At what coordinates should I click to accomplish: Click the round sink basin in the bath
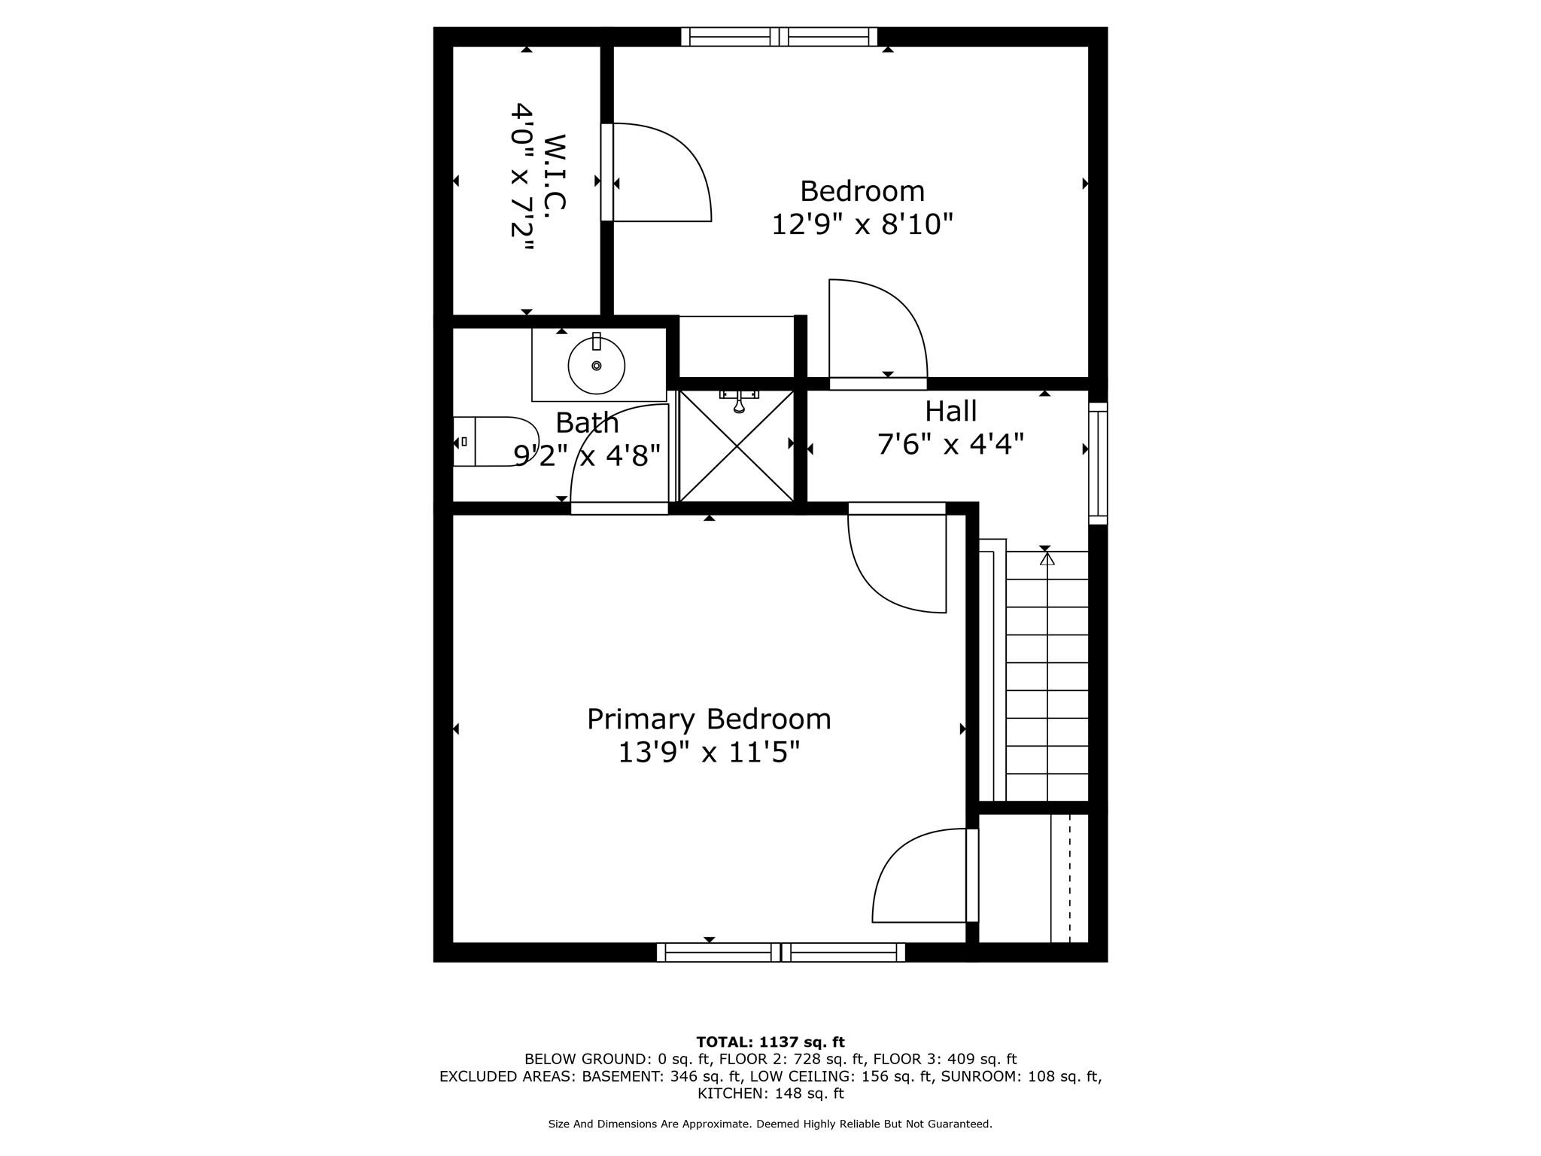tap(596, 366)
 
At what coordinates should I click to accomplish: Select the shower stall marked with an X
tap(737, 446)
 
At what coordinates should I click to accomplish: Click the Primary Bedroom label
tap(709, 719)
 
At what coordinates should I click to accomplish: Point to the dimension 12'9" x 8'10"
tap(862, 224)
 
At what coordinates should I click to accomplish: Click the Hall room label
tap(950, 411)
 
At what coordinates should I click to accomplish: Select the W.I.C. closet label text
tap(554, 172)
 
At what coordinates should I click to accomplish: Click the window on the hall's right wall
tap(1098, 464)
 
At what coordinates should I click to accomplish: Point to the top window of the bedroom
tap(779, 37)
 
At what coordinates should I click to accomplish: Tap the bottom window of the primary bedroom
tap(780, 952)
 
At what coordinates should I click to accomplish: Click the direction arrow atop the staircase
tap(1047, 559)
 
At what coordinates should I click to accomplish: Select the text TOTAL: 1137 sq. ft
tap(770, 1042)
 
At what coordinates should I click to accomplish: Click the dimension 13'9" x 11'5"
tap(709, 752)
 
